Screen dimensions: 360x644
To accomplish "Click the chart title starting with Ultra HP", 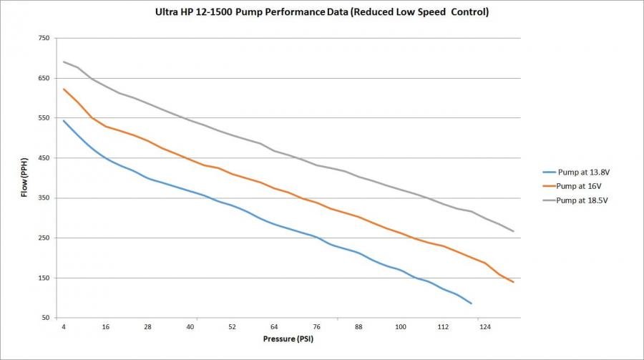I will pos(322,13).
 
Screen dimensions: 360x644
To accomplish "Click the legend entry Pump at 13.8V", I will pos(579,172).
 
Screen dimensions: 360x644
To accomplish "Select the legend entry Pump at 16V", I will pos(576,185).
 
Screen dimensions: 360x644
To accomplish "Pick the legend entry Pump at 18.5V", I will pos(579,199).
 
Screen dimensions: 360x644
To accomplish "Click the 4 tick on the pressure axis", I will pos(64,327).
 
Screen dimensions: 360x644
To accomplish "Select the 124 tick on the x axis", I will pos(484,327).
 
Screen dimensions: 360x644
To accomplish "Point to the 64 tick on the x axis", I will pos(274,327).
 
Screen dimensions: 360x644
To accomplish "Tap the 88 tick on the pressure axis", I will pos(358,327).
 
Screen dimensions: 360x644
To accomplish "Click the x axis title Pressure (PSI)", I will pos(288,339).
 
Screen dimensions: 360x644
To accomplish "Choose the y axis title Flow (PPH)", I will pos(24,178).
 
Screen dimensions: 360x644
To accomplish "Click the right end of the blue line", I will pos(472,303).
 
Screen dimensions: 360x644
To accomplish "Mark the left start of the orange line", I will pos(64,89).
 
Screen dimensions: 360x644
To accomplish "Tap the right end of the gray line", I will pos(514,231).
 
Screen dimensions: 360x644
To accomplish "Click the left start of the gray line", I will pos(64,62).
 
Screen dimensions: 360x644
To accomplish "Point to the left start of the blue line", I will pos(64,120).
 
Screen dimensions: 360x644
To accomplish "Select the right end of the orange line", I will pos(514,282).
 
